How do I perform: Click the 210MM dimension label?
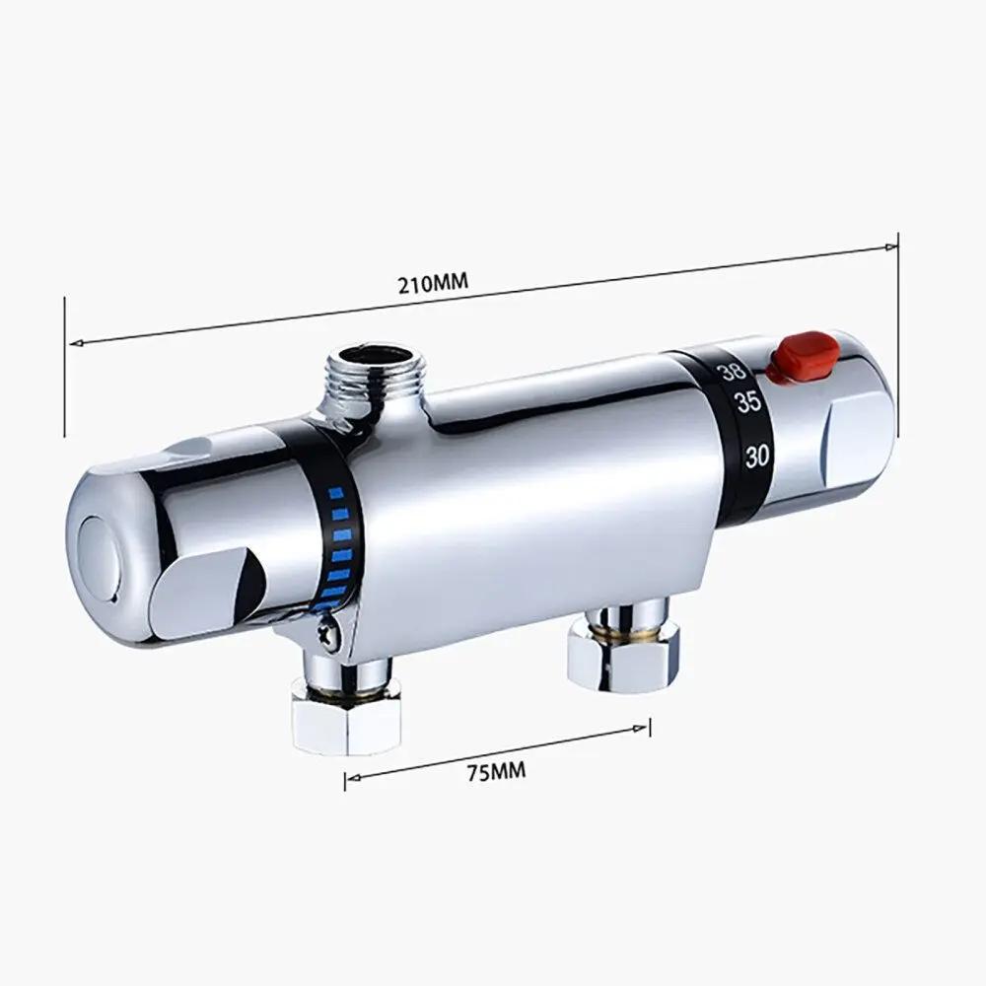(432, 284)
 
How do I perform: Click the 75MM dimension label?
(495, 771)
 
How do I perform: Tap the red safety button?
(803, 356)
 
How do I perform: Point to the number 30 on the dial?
(758, 456)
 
